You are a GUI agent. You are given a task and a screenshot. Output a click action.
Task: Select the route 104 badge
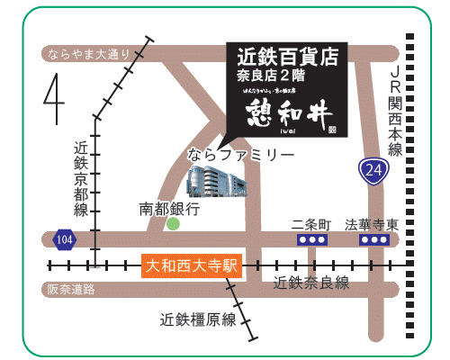(x=64, y=239)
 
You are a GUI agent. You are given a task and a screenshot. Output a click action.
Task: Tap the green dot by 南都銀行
(x=173, y=224)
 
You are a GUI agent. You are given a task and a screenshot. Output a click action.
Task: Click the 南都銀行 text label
(x=169, y=208)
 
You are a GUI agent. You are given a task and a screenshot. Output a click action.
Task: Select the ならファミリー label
(x=240, y=155)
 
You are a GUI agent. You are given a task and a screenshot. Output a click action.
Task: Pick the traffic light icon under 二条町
(x=311, y=240)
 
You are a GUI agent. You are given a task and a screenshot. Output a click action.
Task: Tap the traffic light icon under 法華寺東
(x=373, y=240)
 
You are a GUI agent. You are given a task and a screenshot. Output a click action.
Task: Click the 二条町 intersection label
(x=312, y=223)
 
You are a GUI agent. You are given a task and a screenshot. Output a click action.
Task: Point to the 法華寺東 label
(x=373, y=223)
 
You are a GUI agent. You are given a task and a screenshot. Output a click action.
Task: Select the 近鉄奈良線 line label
(x=310, y=283)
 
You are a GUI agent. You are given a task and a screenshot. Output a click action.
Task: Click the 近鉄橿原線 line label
(x=198, y=319)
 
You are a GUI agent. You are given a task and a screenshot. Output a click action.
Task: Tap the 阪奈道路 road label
(x=71, y=289)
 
